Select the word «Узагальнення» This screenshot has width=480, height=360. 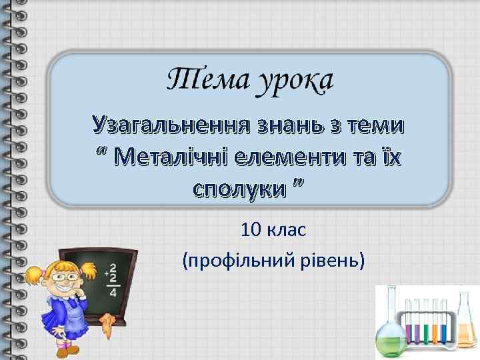pyautogui.click(x=170, y=124)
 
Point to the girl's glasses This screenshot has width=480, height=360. pyautogui.click(x=62, y=273)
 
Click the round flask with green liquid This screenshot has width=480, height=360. pyautogui.click(x=389, y=337)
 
